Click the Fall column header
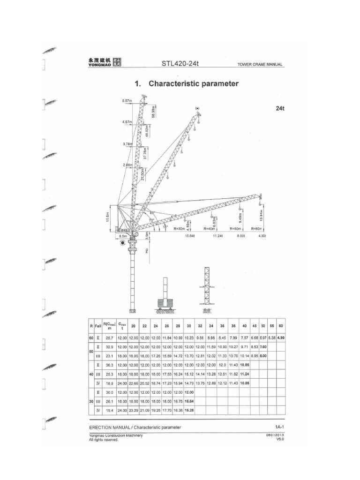98,325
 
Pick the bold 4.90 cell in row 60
281,337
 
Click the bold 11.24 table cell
244,374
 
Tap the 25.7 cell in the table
110,337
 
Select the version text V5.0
280,440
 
